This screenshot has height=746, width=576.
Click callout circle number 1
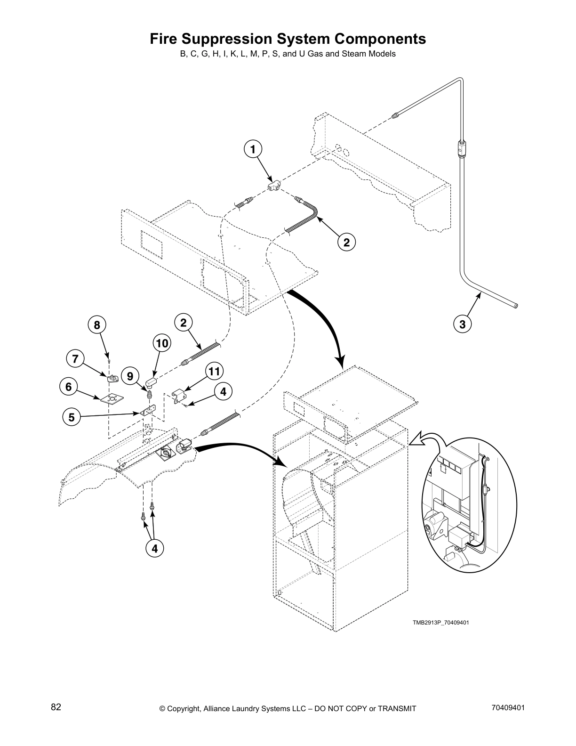[253, 150]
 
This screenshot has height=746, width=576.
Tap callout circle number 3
[462, 324]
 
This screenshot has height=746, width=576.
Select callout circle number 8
[96, 325]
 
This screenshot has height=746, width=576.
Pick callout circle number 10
[161, 343]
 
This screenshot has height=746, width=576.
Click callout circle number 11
[214, 372]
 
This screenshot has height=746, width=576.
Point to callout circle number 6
[69, 387]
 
